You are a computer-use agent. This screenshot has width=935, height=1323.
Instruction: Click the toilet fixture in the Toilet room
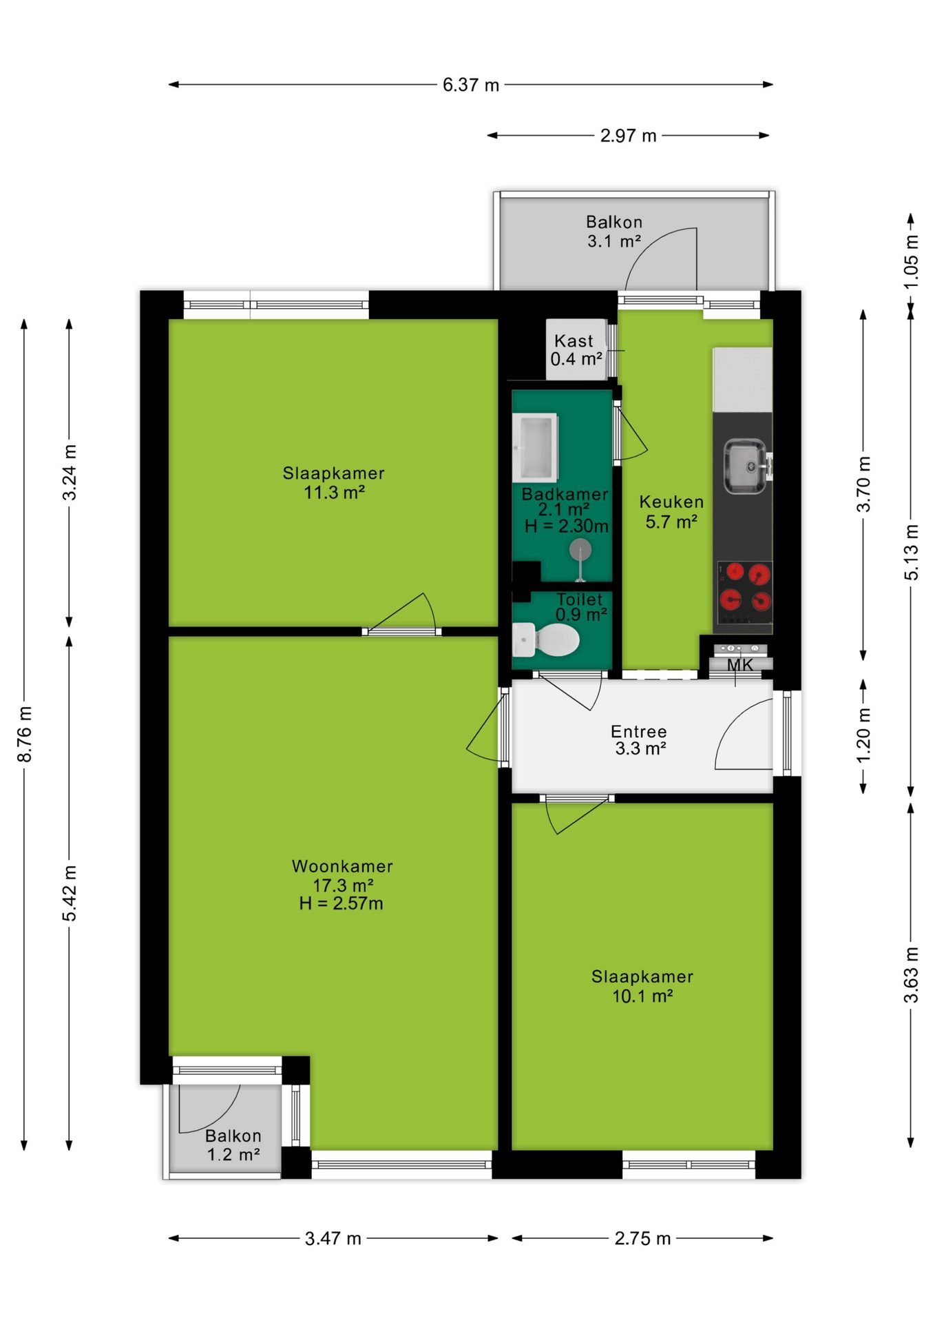click(547, 640)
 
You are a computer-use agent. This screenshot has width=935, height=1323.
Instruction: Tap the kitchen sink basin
click(744, 466)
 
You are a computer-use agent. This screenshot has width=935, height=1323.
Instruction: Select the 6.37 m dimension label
click(471, 85)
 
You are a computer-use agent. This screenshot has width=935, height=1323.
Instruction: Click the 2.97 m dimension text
click(628, 136)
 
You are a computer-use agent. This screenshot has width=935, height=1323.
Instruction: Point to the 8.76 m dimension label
click(25, 734)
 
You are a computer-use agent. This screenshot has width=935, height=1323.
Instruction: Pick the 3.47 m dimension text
click(333, 1238)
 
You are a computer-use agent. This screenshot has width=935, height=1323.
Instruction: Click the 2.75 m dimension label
click(642, 1238)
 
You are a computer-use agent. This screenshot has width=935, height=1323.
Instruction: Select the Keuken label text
click(671, 502)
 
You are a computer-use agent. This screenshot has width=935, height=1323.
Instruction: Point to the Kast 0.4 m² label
click(576, 350)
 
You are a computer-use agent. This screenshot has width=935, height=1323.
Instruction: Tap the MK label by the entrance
click(740, 665)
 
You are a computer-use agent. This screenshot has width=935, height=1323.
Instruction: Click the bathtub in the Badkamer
click(535, 447)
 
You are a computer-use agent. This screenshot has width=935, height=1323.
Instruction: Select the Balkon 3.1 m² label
click(614, 232)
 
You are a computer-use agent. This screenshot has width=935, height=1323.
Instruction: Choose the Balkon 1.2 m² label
click(233, 1145)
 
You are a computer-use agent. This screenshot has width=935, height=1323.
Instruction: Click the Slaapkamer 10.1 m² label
click(642, 986)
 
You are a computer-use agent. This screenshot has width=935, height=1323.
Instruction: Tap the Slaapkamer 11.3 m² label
click(334, 482)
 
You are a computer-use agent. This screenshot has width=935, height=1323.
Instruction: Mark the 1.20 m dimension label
click(863, 735)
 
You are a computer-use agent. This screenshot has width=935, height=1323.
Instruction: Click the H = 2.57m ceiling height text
click(341, 903)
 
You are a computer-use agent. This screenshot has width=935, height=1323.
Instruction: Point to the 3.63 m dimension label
click(911, 975)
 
